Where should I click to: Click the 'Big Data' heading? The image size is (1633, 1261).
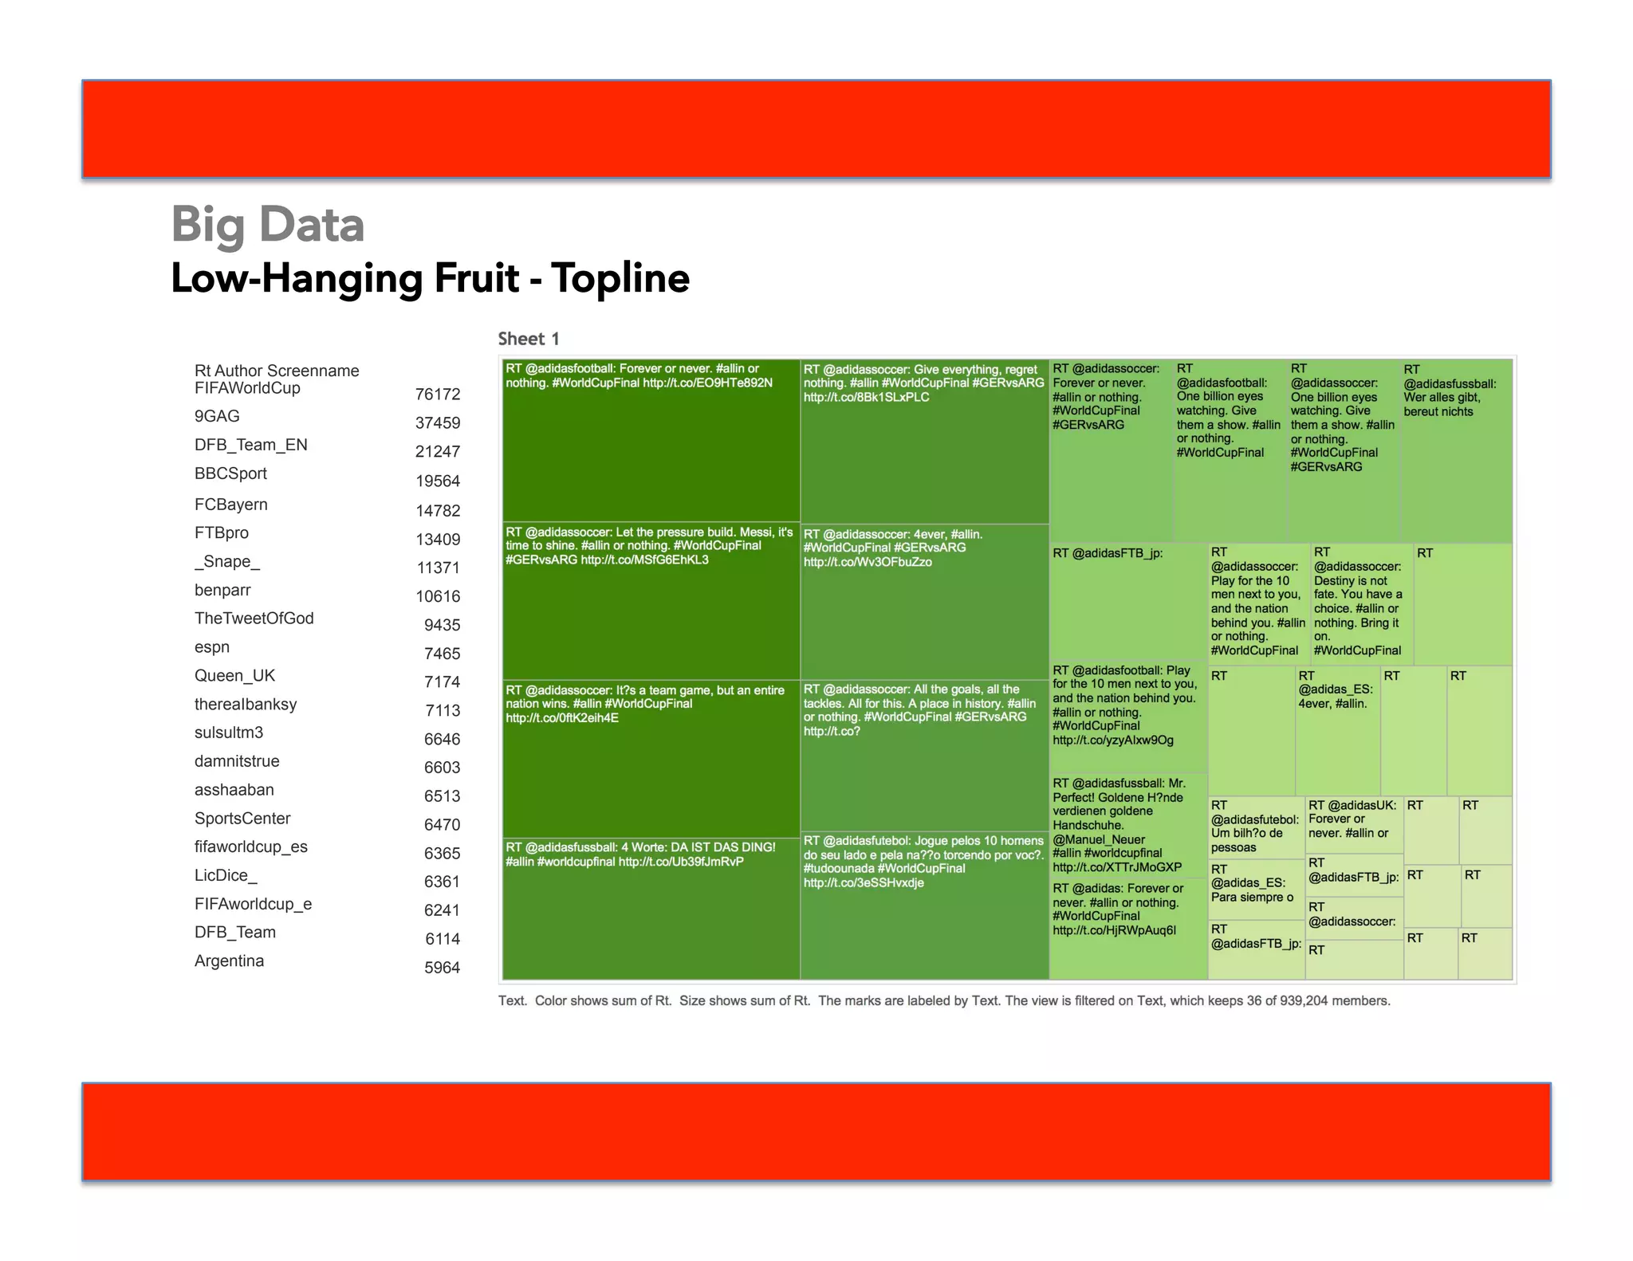[267, 225]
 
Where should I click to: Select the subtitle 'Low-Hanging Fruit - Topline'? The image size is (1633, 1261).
[430, 278]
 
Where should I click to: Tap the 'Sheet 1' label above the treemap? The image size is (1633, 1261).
[528, 339]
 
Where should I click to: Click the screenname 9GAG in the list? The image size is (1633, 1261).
[217, 416]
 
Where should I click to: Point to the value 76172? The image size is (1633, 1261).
[437, 395]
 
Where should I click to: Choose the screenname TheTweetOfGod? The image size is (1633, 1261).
[254, 619]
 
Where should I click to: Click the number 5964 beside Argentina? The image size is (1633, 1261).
[442, 968]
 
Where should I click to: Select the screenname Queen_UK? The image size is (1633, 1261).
[234, 676]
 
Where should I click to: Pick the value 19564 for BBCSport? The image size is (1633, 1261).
[437, 481]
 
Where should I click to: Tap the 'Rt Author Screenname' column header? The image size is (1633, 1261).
[277, 371]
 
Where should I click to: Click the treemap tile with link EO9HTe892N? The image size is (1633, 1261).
[650, 438]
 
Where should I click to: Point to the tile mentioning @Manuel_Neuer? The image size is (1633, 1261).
[1126, 825]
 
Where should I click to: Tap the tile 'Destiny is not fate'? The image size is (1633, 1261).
[1360, 603]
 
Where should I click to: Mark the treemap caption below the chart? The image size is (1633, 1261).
[944, 1000]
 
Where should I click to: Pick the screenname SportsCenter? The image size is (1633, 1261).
[242, 819]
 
